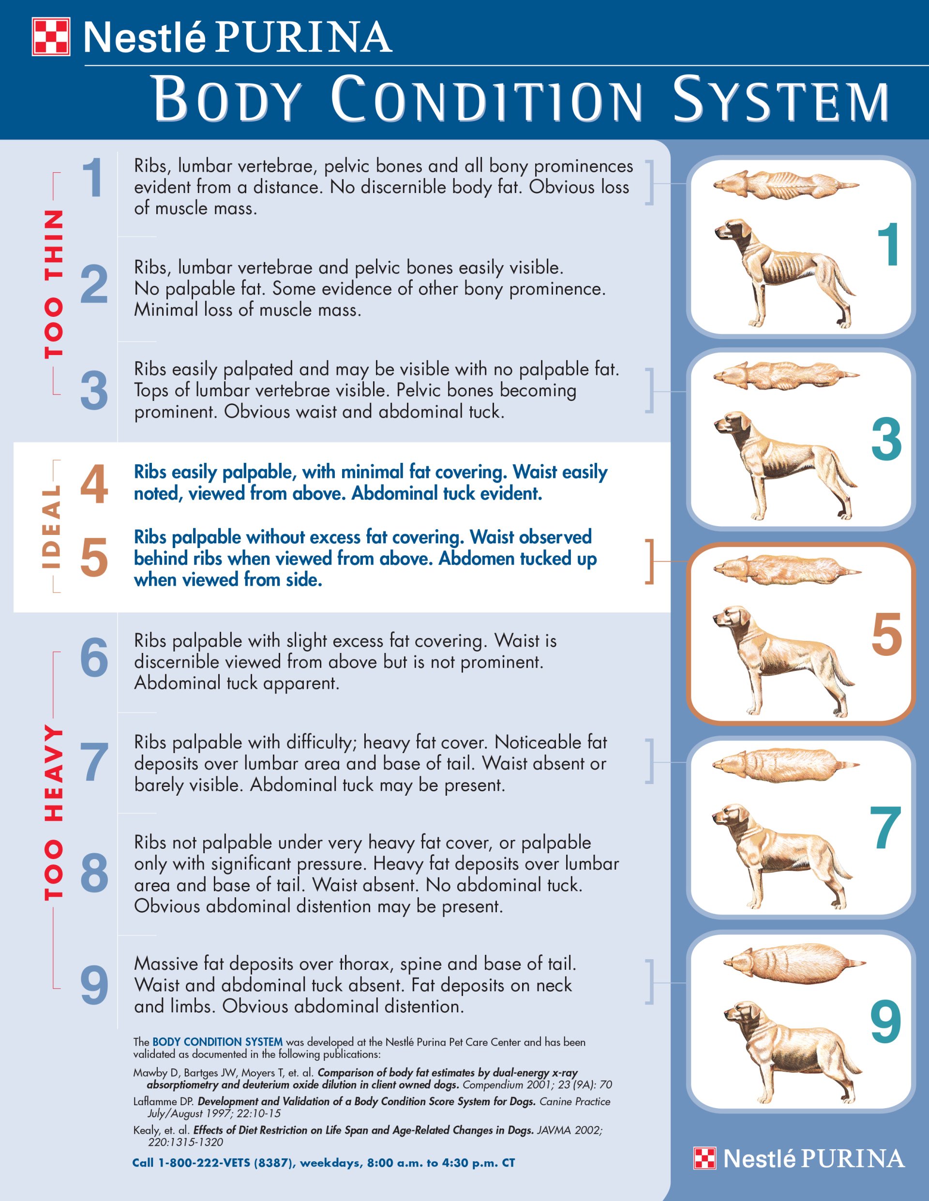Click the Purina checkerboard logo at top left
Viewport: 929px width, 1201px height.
coord(51,37)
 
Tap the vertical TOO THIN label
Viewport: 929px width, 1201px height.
coord(53,284)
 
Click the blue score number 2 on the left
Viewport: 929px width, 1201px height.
coord(94,285)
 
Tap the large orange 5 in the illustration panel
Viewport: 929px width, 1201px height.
coord(886,635)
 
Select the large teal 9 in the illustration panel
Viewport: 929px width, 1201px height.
coord(885,1023)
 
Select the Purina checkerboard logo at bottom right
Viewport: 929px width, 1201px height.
coord(704,1158)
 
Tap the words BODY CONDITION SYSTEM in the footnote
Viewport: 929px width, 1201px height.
coord(217,1042)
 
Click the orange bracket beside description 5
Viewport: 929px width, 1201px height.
coord(650,561)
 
